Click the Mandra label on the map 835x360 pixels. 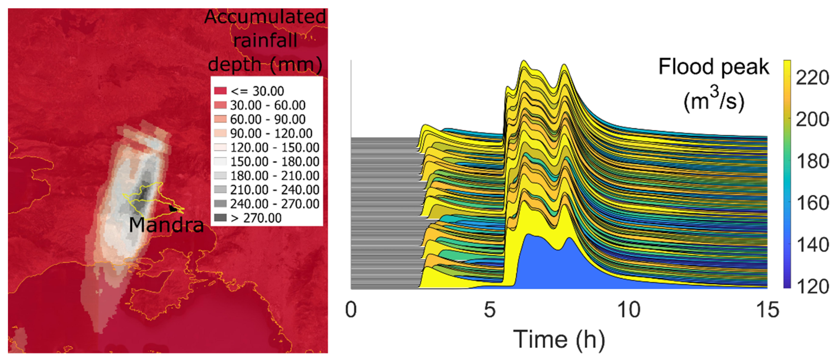[x=166, y=224]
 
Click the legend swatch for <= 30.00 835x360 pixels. [x=220, y=91]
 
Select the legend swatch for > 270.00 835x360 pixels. [x=220, y=218]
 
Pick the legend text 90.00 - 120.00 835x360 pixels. [x=271, y=133]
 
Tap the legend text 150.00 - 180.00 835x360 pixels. [x=275, y=162]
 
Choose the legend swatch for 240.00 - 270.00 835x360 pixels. [x=220, y=204]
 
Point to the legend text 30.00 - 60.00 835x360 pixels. [x=268, y=105]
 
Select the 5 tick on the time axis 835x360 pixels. [x=490, y=309]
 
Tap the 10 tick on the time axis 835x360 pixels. [x=629, y=309]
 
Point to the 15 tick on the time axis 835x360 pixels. [x=767, y=309]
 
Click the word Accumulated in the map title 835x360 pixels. [x=265, y=17]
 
